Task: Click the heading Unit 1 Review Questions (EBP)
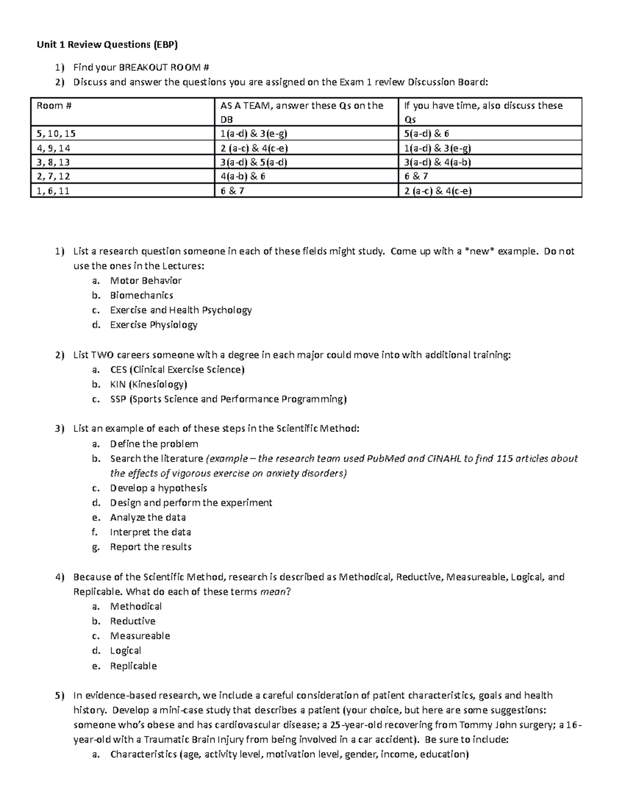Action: click(107, 45)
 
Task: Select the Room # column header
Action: click(54, 106)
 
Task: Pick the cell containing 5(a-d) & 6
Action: click(427, 133)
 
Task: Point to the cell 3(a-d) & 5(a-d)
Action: click(254, 162)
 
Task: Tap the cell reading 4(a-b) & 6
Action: click(243, 176)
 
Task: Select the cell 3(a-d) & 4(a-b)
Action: click(438, 162)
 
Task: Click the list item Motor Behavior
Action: click(145, 281)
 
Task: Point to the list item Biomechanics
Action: click(141, 295)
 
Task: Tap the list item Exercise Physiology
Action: click(154, 325)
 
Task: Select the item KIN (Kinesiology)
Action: click(148, 384)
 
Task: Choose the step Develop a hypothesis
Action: click(158, 488)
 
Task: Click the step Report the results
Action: click(151, 547)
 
